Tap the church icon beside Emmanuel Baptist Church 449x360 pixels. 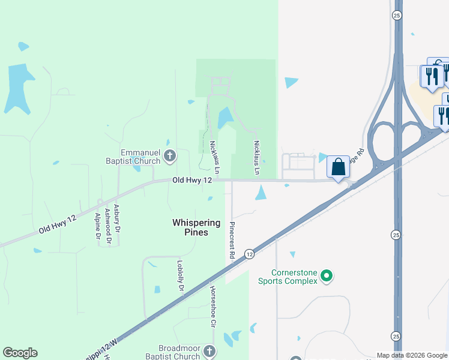tap(170, 157)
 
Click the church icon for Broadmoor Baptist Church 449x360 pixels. tap(209, 351)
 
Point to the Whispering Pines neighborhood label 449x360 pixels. tap(190, 227)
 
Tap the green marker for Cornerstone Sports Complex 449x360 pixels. tap(327, 276)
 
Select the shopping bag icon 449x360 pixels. tap(339, 166)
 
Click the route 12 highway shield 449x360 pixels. tap(249, 254)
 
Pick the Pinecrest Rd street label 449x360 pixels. tap(232, 240)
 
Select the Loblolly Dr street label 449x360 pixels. tap(179, 275)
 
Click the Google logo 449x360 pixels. tap(20, 353)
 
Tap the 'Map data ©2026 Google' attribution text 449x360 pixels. tap(412, 355)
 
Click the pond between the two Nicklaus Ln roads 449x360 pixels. tap(224, 118)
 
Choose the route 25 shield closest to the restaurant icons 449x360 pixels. tap(397, 16)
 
